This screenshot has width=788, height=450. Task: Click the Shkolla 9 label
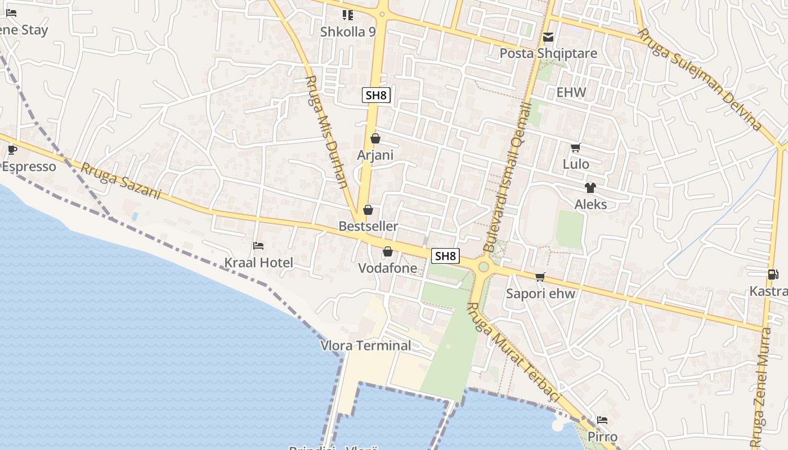(x=347, y=31)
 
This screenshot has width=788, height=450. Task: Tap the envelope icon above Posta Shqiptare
(x=548, y=38)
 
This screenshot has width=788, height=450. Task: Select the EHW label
(x=571, y=92)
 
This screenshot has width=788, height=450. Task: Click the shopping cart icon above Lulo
(x=575, y=148)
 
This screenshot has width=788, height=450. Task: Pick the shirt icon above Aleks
(x=590, y=188)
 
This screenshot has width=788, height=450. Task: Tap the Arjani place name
(x=375, y=155)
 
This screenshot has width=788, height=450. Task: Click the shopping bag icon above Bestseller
(x=368, y=210)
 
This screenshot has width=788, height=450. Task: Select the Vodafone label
(x=388, y=268)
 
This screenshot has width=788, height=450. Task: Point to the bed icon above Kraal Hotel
(x=258, y=246)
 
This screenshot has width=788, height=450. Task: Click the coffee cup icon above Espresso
(x=12, y=150)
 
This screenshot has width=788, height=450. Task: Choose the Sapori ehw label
(x=540, y=293)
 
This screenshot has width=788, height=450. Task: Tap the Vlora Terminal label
(x=366, y=345)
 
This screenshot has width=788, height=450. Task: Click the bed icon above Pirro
(x=602, y=420)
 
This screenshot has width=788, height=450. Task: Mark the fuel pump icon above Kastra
(x=773, y=274)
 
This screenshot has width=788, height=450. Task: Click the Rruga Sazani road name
(x=120, y=181)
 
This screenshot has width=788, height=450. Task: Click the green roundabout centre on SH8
(x=483, y=267)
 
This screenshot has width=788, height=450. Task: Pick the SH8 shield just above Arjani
(x=376, y=95)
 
